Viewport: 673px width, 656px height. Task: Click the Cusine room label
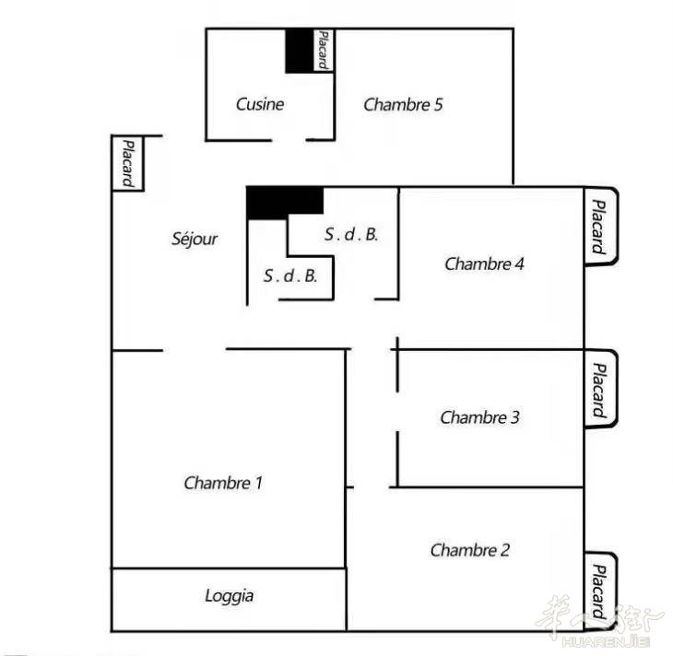click(260, 104)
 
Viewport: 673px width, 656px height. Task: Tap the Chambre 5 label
click(403, 105)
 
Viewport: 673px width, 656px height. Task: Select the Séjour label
click(195, 239)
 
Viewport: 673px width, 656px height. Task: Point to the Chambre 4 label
click(484, 264)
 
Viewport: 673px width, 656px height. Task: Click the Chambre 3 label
click(479, 417)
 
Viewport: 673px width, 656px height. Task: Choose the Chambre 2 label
click(470, 550)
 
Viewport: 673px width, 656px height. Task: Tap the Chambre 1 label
click(223, 483)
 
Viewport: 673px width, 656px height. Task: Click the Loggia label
click(229, 596)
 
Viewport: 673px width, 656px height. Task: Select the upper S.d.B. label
click(351, 234)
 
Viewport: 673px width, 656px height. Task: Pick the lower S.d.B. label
click(290, 275)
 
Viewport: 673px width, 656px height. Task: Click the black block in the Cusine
click(299, 51)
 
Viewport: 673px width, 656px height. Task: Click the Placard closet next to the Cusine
click(324, 50)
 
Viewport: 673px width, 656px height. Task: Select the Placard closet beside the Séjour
click(127, 163)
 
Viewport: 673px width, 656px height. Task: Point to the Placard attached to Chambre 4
click(601, 227)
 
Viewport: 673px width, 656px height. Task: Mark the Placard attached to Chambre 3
click(601, 388)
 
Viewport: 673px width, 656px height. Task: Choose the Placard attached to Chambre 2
click(600, 592)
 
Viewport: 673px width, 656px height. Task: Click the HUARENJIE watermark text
click(606, 642)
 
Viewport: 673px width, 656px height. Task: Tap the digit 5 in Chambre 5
click(438, 105)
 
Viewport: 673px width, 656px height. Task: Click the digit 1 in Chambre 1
click(258, 483)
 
